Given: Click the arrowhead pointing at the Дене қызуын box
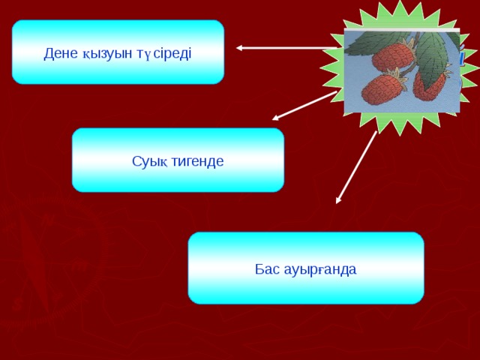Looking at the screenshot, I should tap(240, 49).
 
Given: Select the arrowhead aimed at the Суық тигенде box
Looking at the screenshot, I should tap(276, 117).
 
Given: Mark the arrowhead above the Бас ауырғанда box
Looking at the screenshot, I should tap(339, 199).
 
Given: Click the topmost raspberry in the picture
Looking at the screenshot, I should tap(394, 55).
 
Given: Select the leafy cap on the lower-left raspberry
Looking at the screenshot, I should tap(396, 76).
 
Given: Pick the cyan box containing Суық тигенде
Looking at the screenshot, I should tap(178, 160).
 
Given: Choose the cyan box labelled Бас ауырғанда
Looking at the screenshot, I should tap(305, 268).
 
